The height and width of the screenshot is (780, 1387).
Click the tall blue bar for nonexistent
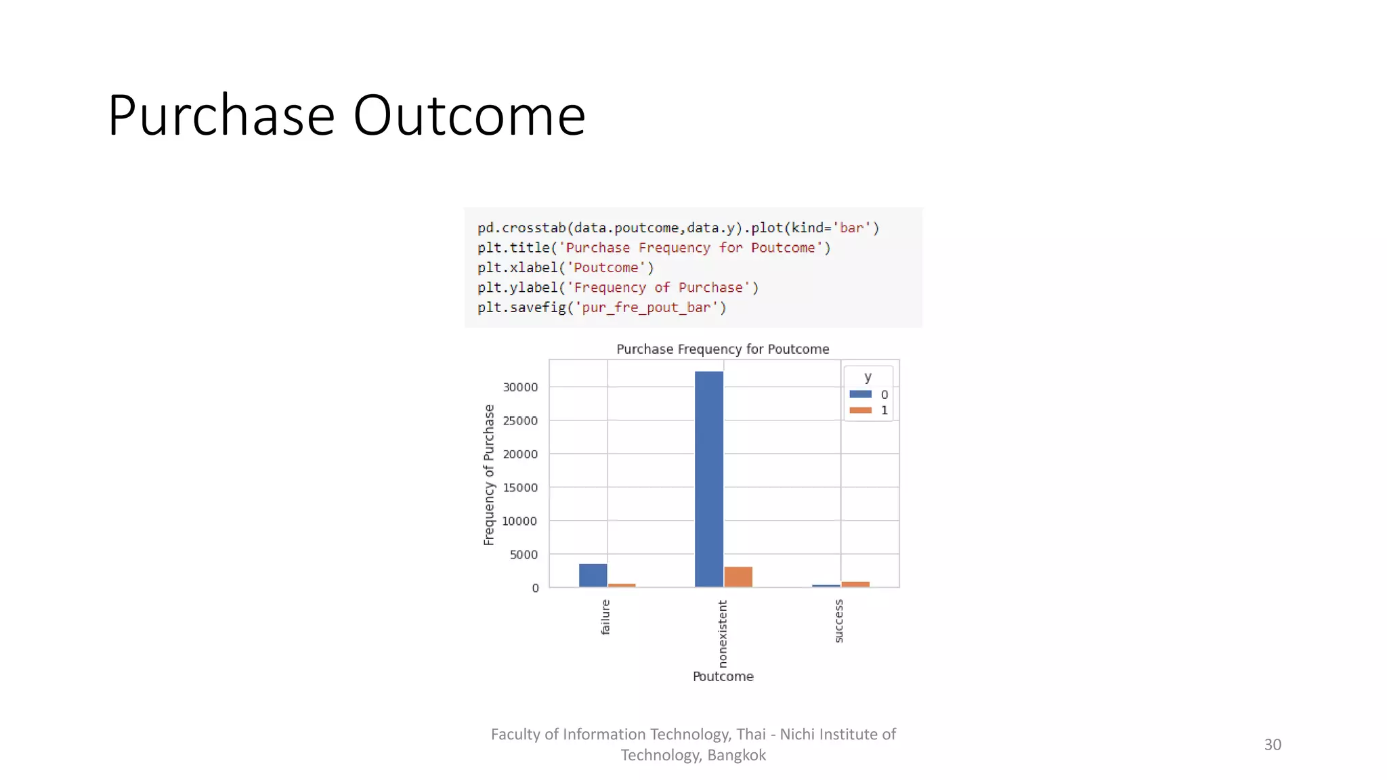[708, 479]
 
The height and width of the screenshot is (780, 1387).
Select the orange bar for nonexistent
[738, 577]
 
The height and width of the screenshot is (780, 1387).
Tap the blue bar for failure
[593, 575]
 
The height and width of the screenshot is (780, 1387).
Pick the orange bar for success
[855, 584]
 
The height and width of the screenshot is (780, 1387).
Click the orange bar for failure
[622, 585]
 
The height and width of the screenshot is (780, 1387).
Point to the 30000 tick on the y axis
[520, 387]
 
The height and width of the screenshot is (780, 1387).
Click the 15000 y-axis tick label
[520, 487]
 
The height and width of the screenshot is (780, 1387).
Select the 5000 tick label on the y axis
[524, 555]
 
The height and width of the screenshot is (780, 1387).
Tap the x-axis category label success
[839, 621]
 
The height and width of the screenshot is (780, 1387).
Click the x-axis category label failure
[605, 617]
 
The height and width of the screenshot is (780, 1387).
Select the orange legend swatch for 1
[860, 410]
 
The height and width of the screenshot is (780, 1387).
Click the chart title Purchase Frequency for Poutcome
[723, 349]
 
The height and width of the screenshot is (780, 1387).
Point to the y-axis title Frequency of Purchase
[489, 475]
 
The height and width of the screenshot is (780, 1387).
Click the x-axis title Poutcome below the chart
[723, 676]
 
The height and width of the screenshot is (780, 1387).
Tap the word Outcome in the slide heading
[469, 116]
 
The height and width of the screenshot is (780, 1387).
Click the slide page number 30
[1272, 745]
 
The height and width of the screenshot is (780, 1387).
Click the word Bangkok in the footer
[736, 755]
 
